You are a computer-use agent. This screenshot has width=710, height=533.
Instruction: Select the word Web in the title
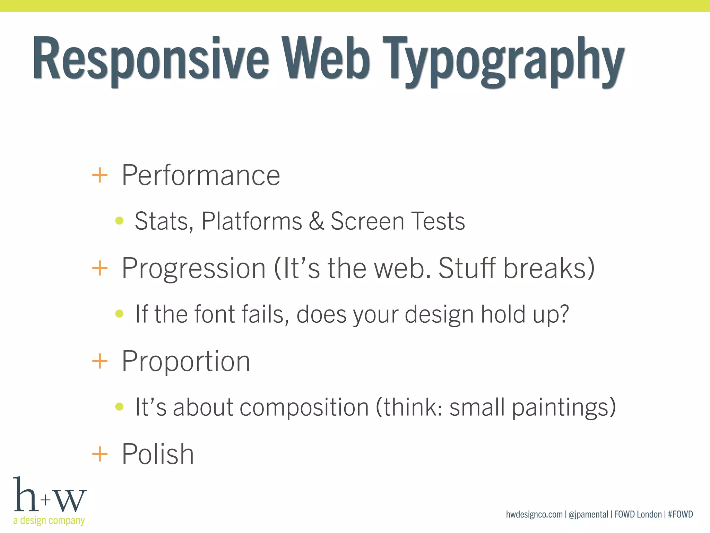(326, 57)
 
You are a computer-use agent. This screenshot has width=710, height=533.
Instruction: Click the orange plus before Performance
(100, 175)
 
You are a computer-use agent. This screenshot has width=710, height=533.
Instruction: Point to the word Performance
(201, 175)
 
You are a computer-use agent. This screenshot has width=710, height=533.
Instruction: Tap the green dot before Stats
(119, 221)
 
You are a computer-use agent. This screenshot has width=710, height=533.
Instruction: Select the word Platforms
(252, 221)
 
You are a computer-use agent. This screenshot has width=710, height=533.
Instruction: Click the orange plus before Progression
(100, 268)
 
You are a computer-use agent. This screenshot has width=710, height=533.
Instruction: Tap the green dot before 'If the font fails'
(119, 314)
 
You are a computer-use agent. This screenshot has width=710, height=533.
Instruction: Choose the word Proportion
(186, 362)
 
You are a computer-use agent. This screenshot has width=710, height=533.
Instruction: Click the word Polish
(158, 454)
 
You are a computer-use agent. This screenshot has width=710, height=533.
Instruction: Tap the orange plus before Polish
(100, 454)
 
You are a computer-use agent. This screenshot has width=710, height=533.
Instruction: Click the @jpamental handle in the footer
(588, 515)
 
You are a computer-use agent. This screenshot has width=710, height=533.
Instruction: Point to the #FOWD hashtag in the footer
(680, 514)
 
